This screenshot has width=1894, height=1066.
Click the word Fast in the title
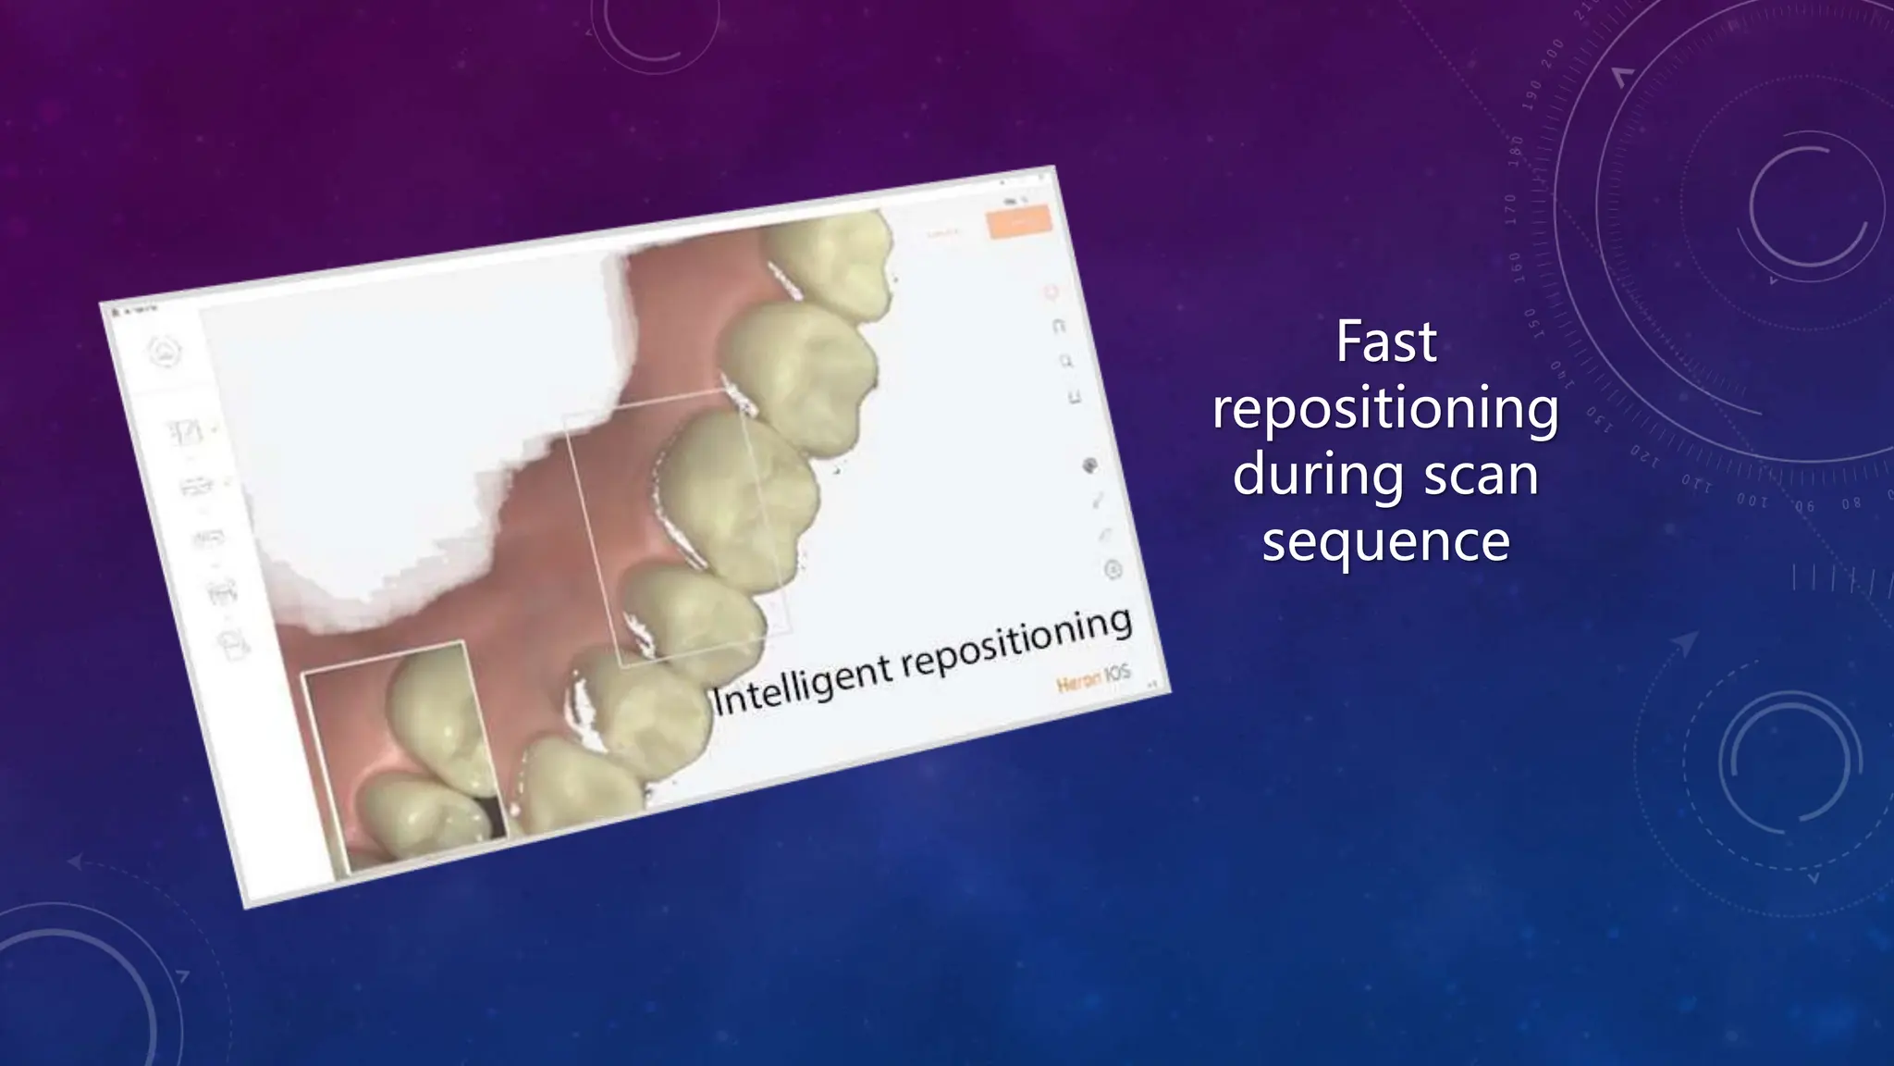click(1385, 342)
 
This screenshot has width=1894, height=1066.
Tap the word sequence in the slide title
click(1385, 542)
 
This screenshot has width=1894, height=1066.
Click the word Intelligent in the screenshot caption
click(803, 685)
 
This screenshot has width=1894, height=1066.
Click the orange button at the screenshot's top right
click(1019, 222)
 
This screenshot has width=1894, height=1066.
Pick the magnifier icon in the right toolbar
click(1066, 362)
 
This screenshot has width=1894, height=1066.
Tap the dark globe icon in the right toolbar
click(1090, 465)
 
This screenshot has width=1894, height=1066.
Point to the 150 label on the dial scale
click(1531, 323)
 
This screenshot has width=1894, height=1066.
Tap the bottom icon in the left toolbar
click(235, 644)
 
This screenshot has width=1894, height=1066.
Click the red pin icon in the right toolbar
click(1052, 293)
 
